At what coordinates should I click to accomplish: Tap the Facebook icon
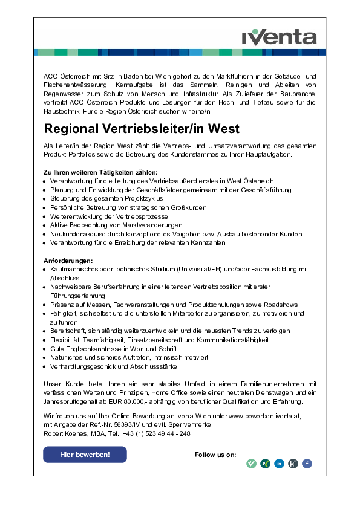(x=307, y=464)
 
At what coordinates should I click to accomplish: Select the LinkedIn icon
(x=280, y=464)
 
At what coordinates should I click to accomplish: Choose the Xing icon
(x=265, y=464)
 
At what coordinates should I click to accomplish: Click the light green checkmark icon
(x=251, y=464)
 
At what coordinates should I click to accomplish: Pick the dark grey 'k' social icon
(x=293, y=464)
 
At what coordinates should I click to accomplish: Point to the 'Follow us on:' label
(x=215, y=455)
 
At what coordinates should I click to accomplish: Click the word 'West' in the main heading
(x=224, y=129)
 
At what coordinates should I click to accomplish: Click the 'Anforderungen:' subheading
(x=68, y=261)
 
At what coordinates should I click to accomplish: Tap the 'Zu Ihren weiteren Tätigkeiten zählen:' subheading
(x=100, y=173)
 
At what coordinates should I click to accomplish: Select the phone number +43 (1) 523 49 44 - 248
(x=156, y=433)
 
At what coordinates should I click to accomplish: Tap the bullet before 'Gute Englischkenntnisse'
(x=45, y=349)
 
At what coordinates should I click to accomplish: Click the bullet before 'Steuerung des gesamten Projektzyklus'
(x=45, y=199)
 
